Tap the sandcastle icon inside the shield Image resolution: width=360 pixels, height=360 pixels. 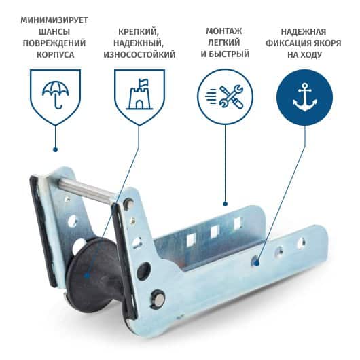pos(139,94)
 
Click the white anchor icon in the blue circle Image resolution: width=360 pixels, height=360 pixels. pos(305,97)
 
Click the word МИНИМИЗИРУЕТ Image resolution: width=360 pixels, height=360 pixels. pos(54,20)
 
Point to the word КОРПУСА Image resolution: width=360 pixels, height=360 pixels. pos(55,55)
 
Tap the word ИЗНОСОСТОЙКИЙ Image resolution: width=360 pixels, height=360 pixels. pos(139,54)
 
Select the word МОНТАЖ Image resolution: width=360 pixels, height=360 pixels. pos(224,31)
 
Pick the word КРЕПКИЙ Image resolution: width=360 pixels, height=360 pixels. pos(138,32)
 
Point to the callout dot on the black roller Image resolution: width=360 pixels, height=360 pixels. pos(86,276)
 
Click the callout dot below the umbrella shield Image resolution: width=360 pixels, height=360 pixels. pos(55,149)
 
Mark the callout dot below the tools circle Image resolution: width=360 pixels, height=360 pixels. pos(226,204)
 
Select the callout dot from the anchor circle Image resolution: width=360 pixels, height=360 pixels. pos(257,263)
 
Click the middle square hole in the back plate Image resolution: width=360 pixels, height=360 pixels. pos(215,232)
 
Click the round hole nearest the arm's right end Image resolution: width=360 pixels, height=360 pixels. pos(302,243)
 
